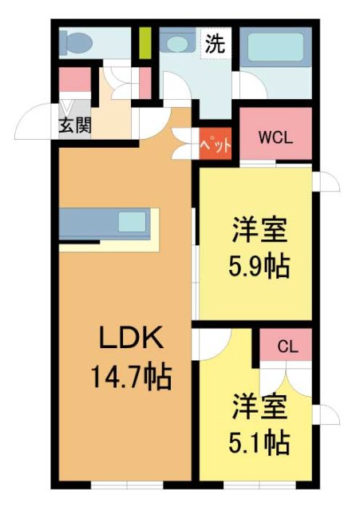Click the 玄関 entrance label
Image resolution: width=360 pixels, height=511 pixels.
pos(73,126)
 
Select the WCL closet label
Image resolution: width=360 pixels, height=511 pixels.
pos(275,135)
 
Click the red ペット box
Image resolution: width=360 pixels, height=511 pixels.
pos(216,145)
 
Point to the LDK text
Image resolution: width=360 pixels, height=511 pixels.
pos(132,339)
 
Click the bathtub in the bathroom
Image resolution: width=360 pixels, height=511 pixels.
pos(275,48)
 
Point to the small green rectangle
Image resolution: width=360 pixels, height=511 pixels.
pos(144,43)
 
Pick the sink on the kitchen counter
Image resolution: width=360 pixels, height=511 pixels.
pos(131,221)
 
